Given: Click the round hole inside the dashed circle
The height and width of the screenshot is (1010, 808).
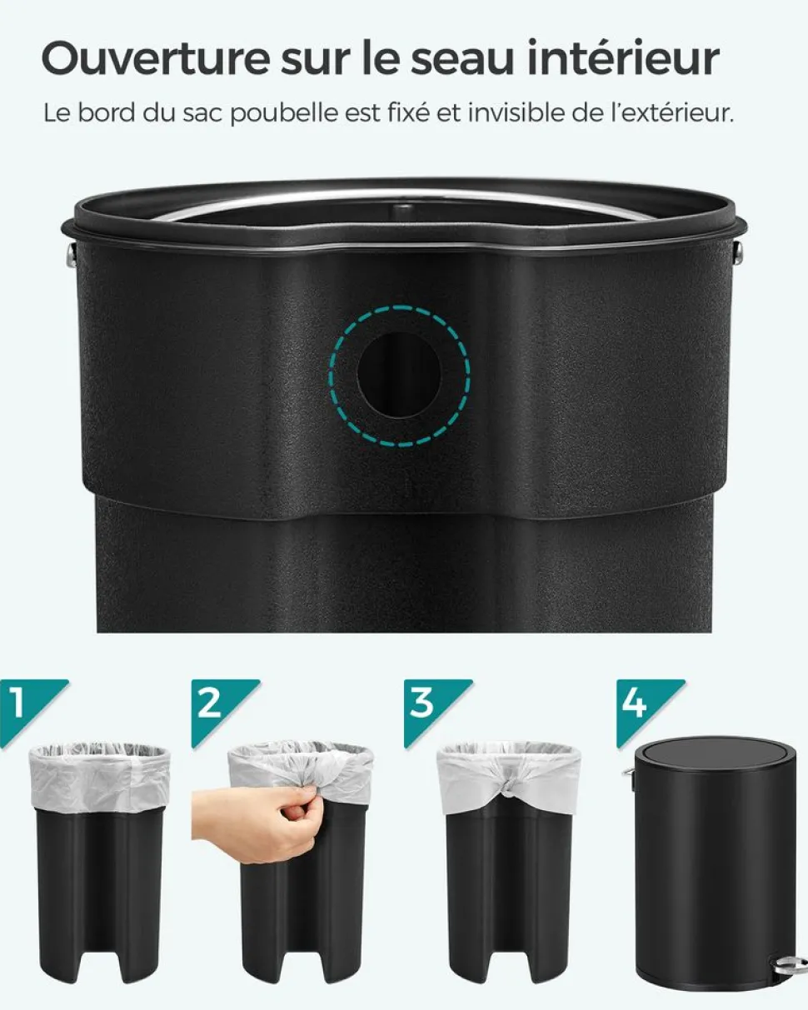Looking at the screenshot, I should coord(398,375).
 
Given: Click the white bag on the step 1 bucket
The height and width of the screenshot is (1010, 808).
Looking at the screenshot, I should coord(100,779).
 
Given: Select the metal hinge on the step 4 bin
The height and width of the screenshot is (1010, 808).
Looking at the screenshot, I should coord(628,776).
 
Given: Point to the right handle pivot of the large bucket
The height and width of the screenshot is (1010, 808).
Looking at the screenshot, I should coord(737,252).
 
